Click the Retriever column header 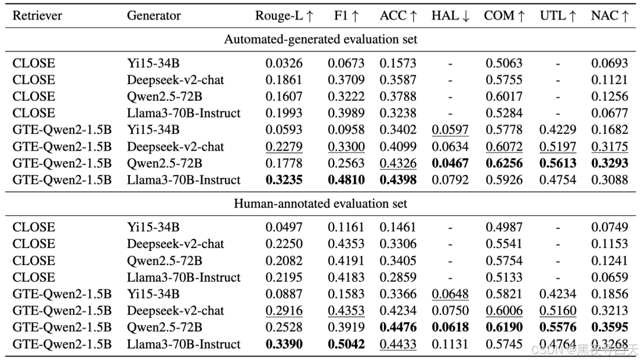point(37,15)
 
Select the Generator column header point(154,15)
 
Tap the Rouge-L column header point(284,15)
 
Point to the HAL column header point(450,15)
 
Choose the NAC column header point(610,15)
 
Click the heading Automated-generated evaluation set point(320,40)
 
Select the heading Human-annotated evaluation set point(320,203)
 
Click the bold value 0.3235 point(284,180)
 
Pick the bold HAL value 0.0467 point(450,163)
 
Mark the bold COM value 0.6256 point(504,163)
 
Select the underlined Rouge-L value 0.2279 point(284,146)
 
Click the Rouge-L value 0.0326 point(284,63)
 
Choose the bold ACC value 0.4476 point(398,327)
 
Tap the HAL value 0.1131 point(450,344)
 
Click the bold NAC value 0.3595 point(610,327)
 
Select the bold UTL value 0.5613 point(557,163)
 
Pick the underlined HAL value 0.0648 point(450,294)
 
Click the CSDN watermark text point(585,350)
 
